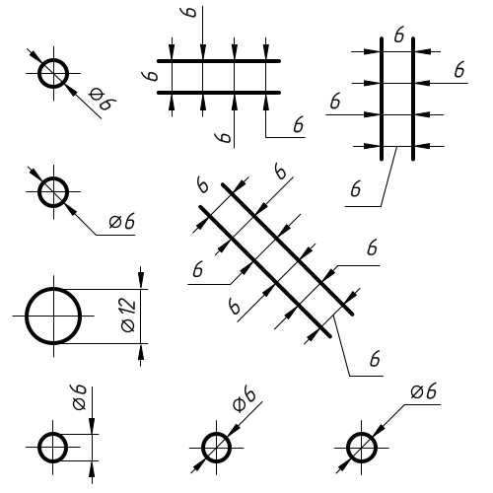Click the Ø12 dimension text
tap(128, 315)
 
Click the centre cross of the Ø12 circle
tap(53, 316)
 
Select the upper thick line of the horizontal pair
tap(219, 61)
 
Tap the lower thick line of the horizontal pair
tap(219, 93)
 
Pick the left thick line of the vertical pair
tap(382, 99)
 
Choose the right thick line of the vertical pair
tap(413, 99)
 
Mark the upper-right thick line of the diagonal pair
tap(288, 249)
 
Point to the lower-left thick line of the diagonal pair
tap(265, 271)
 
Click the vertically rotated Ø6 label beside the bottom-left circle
tap(80, 396)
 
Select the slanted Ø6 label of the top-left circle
tap(103, 99)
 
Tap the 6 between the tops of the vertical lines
tap(399, 35)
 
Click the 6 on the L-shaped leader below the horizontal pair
tap(299, 124)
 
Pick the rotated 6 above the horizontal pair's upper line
tap(188, 12)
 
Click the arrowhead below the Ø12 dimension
tap(141, 352)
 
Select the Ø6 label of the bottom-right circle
tap(424, 391)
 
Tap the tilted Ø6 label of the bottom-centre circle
tap(245, 399)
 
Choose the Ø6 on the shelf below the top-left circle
tap(122, 221)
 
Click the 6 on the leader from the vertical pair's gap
tap(356, 189)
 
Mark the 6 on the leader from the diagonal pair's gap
tap(375, 359)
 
